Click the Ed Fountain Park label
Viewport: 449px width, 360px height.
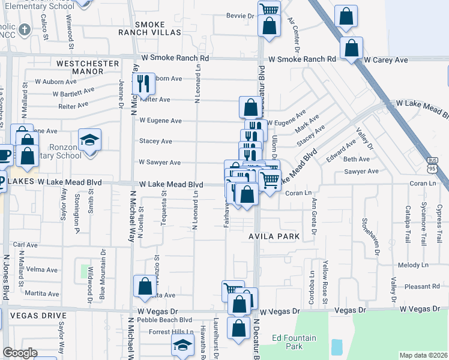[294, 342]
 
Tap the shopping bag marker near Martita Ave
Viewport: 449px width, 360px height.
[145, 286]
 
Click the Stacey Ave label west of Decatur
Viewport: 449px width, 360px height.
[155, 142]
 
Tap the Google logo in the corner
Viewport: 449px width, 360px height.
[20, 353]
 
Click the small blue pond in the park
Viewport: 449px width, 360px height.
[337, 346]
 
